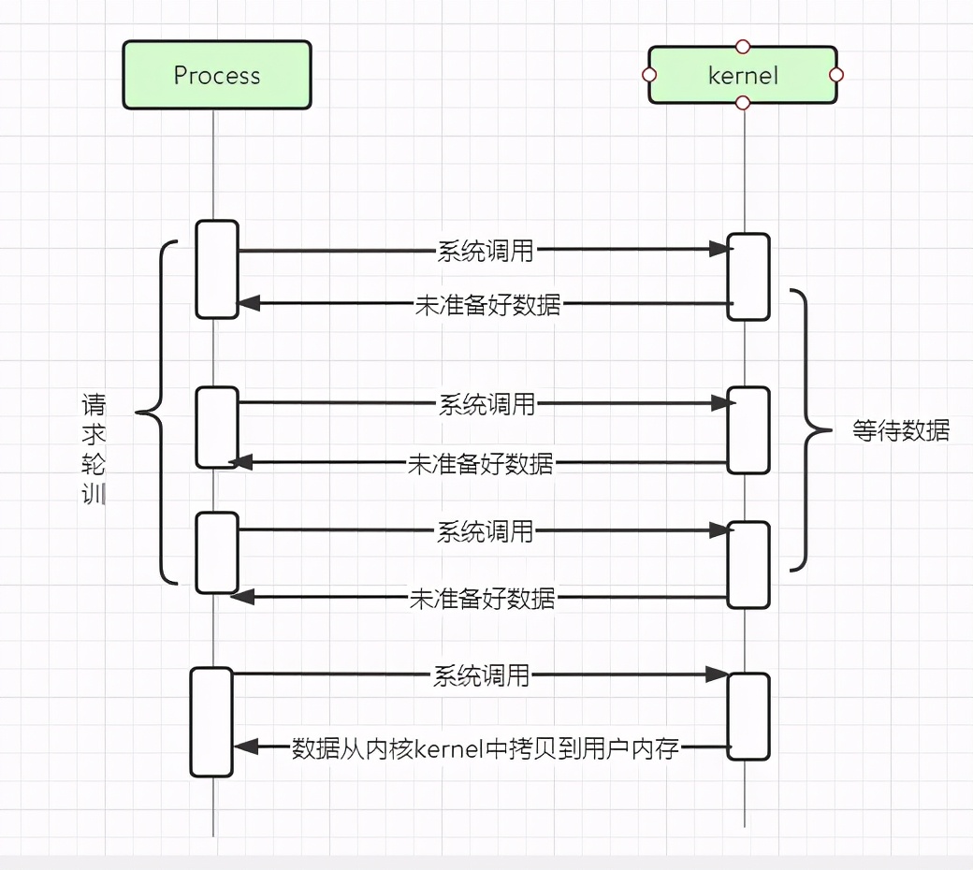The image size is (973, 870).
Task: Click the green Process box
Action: [x=217, y=75]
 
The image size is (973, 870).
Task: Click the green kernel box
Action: [x=743, y=75]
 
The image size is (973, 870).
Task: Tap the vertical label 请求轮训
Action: [x=94, y=450]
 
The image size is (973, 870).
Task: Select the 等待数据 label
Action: [x=901, y=430]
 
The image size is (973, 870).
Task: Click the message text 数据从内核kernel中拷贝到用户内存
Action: [x=485, y=748]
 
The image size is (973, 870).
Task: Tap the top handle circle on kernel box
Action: [x=743, y=46]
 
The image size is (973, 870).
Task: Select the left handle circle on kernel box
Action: [x=649, y=75]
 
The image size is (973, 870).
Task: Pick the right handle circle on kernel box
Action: [x=836, y=75]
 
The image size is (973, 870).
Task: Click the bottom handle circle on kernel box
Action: [x=743, y=102]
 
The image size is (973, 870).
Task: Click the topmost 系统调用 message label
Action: [x=486, y=251]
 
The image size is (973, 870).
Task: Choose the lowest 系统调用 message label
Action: [x=481, y=675]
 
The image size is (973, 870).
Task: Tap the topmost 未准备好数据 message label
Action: [x=488, y=305]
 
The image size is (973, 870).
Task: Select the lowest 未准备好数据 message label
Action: [x=482, y=599]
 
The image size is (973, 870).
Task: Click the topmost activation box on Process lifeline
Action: [x=217, y=269]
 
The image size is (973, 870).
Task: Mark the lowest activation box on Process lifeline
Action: [x=211, y=721]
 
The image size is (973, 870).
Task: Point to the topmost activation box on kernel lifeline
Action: [x=749, y=277]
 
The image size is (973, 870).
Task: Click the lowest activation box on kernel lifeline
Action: [x=749, y=717]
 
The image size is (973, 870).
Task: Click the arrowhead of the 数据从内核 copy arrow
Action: [x=245, y=747]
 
